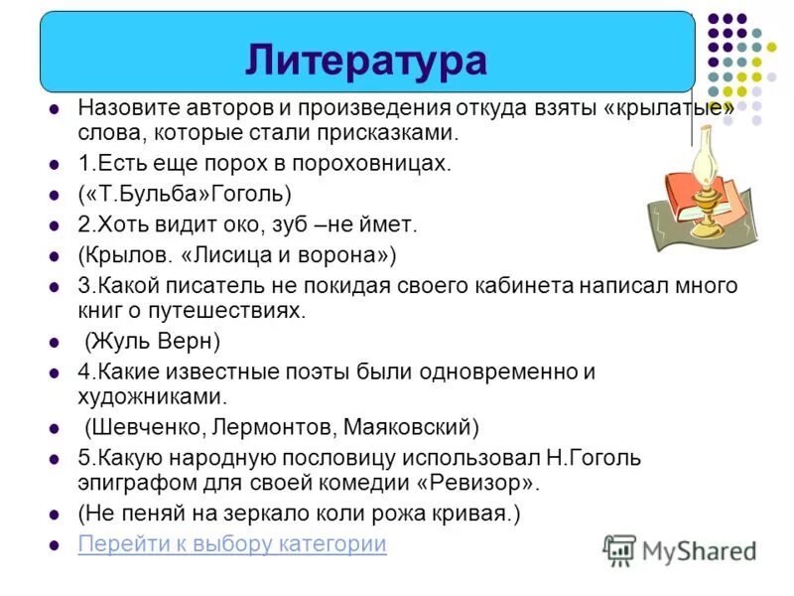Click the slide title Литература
(x=366, y=60)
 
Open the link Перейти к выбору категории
(x=232, y=544)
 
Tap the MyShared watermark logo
(x=681, y=549)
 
